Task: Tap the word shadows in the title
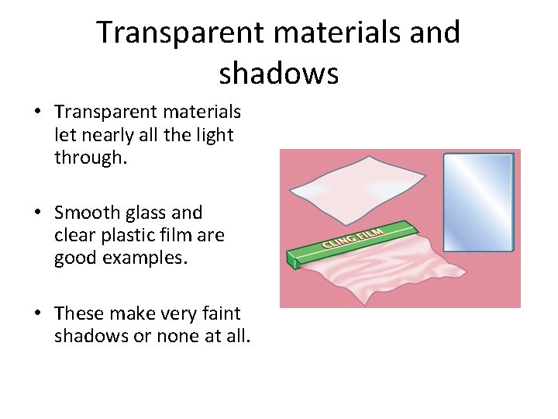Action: point(278,73)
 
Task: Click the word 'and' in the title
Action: point(435,33)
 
